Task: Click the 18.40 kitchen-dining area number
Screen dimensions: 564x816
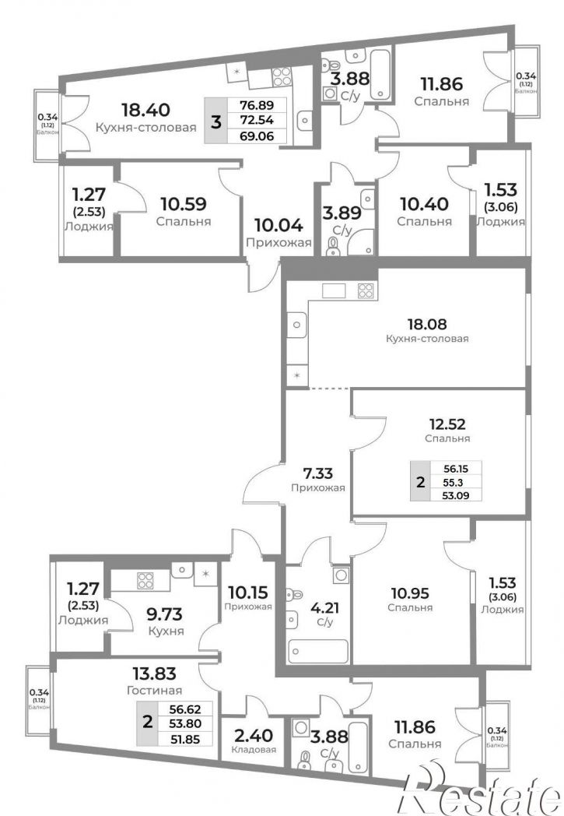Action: tap(145, 110)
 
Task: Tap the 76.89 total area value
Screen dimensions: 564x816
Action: tap(257, 105)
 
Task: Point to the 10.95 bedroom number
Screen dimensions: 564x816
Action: tap(410, 593)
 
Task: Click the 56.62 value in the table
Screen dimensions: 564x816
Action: tap(185, 709)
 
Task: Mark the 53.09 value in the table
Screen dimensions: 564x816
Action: tap(455, 495)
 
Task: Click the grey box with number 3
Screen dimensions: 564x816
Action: tap(217, 121)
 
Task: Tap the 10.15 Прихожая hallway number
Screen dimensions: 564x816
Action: tap(248, 593)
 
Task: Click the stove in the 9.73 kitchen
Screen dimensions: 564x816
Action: tap(145, 580)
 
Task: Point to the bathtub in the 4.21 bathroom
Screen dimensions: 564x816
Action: tap(319, 651)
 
